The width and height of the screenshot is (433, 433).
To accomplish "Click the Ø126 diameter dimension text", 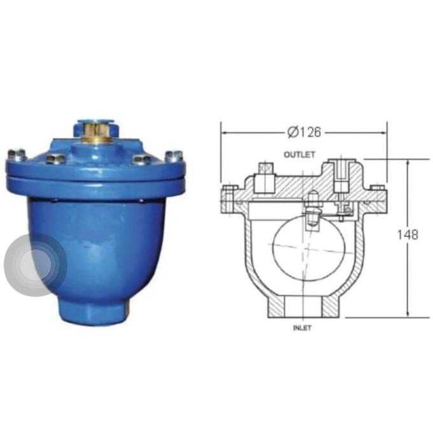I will (304, 132).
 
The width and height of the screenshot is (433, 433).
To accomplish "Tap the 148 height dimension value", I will (408, 234).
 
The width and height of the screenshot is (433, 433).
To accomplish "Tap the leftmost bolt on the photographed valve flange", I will (17, 154).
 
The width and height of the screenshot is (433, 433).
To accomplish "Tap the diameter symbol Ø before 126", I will (292, 132).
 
